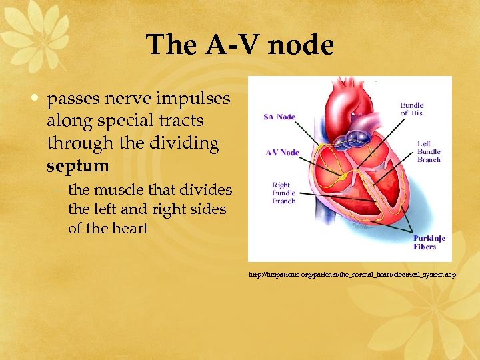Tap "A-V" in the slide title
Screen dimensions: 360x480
[x=226, y=45]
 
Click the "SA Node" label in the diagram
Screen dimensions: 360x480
[x=279, y=117]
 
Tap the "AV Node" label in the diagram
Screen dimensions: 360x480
[x=282, y=153]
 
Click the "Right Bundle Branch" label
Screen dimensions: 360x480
[x=284, y=193]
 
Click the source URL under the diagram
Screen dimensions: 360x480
[x=351, y=275]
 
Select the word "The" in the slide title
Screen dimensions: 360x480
[x=169, y=45]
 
